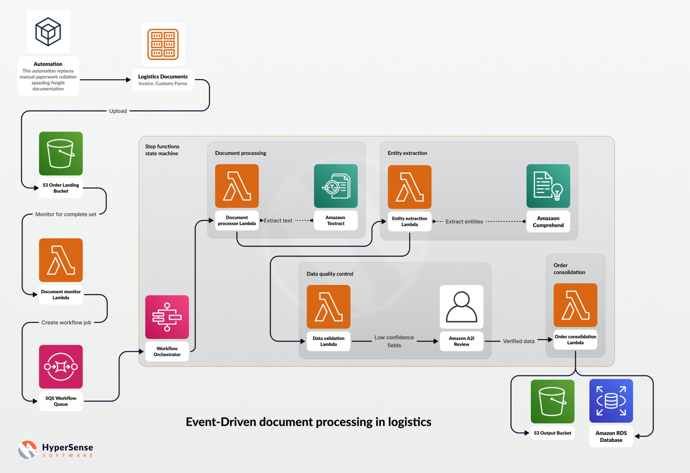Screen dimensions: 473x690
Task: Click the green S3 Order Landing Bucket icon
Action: point(61,154)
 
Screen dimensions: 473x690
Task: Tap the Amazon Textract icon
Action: point(336,186)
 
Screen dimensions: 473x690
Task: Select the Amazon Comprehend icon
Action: point(548,186)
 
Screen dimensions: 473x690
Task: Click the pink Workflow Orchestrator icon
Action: point(167,317)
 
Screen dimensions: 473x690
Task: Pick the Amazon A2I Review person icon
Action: point(461,307)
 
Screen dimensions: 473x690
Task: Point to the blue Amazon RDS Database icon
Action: point(611,401)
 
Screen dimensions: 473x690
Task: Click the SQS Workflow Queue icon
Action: point(61,367)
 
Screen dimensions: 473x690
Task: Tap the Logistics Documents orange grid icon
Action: point(163,44)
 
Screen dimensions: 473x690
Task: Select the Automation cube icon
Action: point(48,32)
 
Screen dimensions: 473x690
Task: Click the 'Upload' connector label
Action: point(118,111)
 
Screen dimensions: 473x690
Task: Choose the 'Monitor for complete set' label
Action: point(66,214)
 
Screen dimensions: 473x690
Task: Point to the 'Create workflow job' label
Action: point(66,323)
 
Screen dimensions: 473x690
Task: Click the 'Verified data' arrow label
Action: point(518,341)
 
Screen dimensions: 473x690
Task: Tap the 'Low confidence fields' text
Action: point(394,341)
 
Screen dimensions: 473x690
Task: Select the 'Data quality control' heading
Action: point(330,274)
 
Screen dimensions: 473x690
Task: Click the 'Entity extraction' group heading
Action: point(407,153)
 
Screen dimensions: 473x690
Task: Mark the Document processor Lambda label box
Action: point(237,221)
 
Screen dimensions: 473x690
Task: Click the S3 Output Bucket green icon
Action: point(552,401)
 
